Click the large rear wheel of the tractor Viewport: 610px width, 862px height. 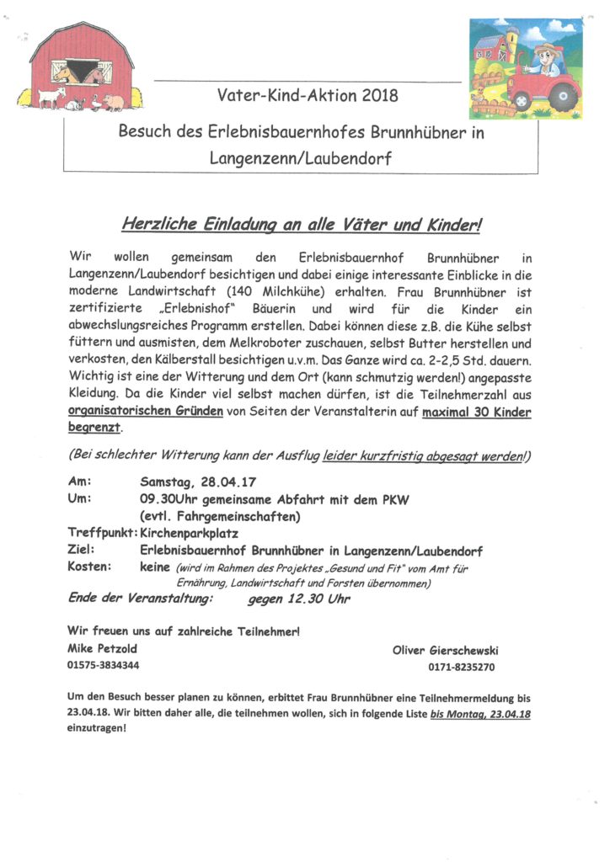pyautogui.click(x=564, y=95)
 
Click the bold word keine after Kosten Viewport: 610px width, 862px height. pyautogui.click(x=155, y=567)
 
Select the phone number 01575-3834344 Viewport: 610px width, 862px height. pyautogui.click(x=103, y=664)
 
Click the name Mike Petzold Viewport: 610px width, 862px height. pyautogui.click(x=101, y=648)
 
